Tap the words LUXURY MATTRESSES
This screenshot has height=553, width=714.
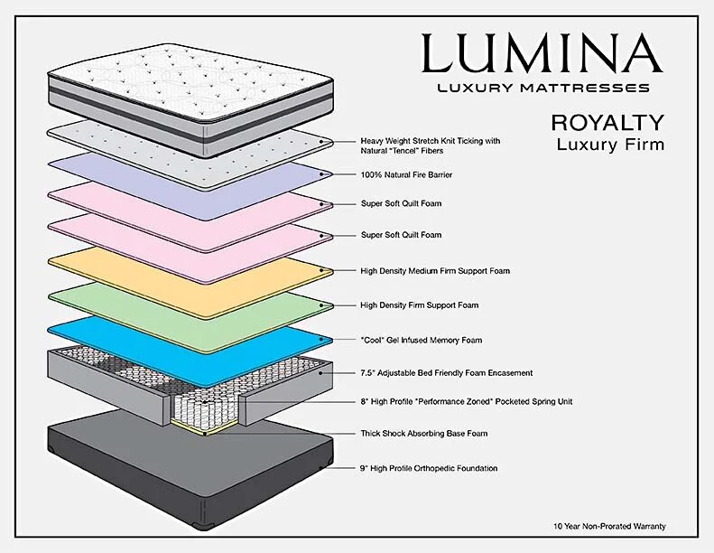point(542,89)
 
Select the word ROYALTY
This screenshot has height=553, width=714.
point(607,122)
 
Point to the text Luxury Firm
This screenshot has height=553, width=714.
point(609,144)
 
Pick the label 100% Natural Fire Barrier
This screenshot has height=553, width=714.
point(406,173)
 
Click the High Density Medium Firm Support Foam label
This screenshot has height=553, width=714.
point(435,270)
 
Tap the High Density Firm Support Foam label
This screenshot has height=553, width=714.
point(419,305)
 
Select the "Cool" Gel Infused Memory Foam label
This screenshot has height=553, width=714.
point(421,340)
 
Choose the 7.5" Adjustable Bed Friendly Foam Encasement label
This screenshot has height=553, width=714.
point(446,372)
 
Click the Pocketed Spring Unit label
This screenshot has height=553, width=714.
point(466,401)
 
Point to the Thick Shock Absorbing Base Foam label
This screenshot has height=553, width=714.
point(423,434)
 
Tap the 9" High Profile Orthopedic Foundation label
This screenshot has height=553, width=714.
point(429,468)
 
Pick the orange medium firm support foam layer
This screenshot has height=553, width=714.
point(181,271)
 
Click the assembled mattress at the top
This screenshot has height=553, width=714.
point(181,86)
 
